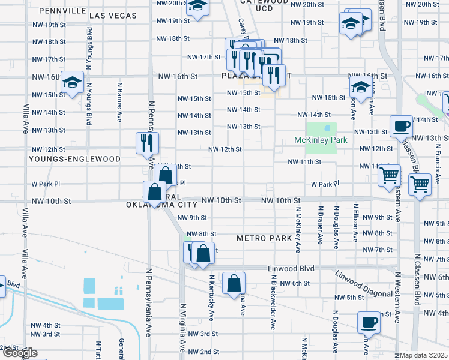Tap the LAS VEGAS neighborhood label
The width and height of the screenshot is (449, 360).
pos(113,15)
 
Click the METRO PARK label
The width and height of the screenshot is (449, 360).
pos(264,238)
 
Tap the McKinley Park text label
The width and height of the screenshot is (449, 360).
pos(321,140)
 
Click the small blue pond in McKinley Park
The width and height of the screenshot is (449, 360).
pos(327,128)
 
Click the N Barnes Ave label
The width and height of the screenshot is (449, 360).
pos(120,103)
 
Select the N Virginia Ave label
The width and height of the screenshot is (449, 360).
pos(183,325)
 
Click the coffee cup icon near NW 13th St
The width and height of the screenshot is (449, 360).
pos(400,126)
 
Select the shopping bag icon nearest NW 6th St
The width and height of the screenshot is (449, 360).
pos(233,283)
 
